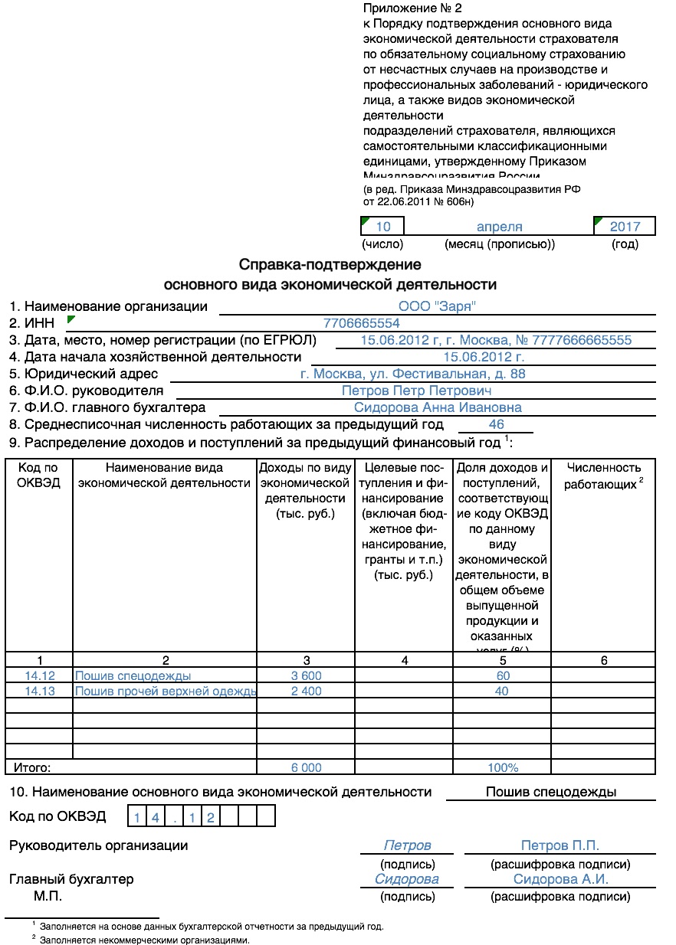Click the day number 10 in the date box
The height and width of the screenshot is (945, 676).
[x=383, y=227]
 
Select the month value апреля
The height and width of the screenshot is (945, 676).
[x=499, y=227]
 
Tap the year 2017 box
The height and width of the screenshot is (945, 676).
[x=625, y=227]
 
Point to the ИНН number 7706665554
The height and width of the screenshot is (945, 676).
[x=362, y=323]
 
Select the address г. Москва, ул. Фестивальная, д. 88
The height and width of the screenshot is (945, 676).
[x=413, y=374]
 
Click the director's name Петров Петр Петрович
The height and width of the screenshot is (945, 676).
[x=416, y=391]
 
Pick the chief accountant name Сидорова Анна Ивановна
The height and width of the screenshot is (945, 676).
[x=438, y=407]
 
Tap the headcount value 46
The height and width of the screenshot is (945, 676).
[x=496, y=424]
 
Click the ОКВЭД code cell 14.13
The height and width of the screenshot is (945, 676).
[x=39, y=691]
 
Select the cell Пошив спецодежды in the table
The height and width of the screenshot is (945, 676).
[x=133, y=675]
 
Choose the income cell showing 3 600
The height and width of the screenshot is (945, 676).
[x=307, y=675]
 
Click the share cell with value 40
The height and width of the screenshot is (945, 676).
[x=502, y=691]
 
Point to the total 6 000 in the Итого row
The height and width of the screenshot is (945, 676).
[x=307, y=767]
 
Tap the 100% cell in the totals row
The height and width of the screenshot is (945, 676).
[x=503, y=767]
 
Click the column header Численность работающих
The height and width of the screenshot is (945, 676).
[x=602, y=476]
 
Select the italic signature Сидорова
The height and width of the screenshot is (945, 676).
[x=407, y=879]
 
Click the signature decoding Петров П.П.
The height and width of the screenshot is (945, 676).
[x=560, y=845]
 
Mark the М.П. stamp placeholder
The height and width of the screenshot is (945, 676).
[x=48, y=896]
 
